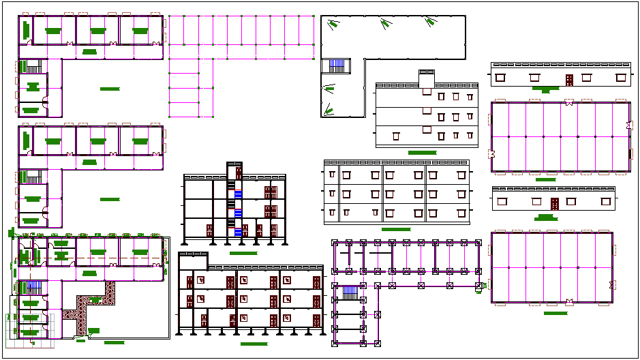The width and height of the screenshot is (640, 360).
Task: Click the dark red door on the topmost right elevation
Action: point(568,80)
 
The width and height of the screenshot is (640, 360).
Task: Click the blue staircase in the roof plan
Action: point(338,66)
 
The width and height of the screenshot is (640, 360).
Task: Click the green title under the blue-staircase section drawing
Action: point(243,253)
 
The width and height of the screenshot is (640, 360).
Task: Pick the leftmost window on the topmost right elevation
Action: point(501,77)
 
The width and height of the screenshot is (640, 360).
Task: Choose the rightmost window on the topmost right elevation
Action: point(620,77)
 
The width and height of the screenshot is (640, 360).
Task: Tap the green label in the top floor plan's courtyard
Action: point(109,89)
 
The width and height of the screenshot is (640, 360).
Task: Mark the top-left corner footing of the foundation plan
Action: point(334,243)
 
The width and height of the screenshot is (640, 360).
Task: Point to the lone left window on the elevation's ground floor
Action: point(395,137)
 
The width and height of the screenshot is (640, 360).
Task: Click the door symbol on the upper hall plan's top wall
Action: point(568,104)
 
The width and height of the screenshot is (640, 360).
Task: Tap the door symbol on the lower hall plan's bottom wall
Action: point(568,299)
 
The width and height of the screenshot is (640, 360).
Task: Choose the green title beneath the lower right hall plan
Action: point(555,313)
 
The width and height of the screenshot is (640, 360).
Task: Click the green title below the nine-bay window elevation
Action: point(396,230)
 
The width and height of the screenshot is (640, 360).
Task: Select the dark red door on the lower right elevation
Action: point(554,203)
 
